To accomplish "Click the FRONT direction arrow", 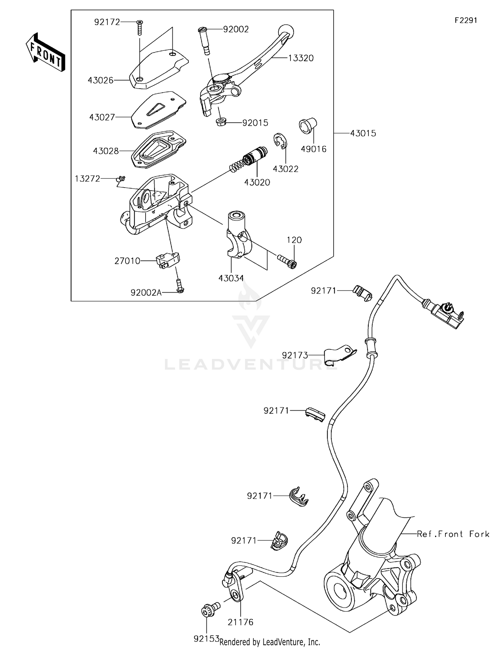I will tap(45, 53).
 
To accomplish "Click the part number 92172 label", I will tap(107, 22).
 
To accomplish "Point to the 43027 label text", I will tap(102, 117).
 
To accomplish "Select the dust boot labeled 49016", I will tap(307, 126).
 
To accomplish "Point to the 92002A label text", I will tap(146, 293).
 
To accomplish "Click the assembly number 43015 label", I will tap(363, 133).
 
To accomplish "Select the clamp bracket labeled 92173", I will tap(339, 354).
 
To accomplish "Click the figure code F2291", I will tap(466, 20).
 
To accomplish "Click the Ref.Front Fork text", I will tap(453, 534).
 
